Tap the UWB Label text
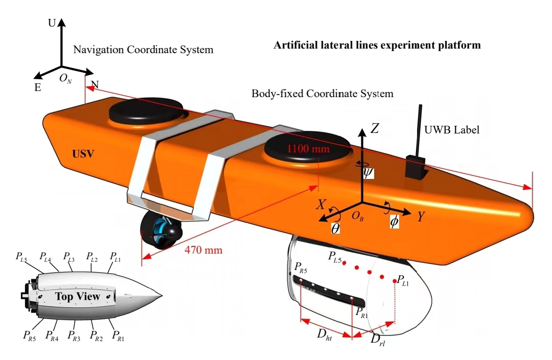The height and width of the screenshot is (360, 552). point(452,130)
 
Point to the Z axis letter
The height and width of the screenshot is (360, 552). point(375,129)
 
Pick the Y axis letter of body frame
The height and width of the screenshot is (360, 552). point(421,217)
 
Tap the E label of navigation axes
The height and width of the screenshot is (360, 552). point(37,87)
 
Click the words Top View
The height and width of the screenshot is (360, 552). point(78,297)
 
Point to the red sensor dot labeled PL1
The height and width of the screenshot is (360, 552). point(395,281)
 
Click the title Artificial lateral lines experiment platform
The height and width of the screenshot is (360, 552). point(377,45)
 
